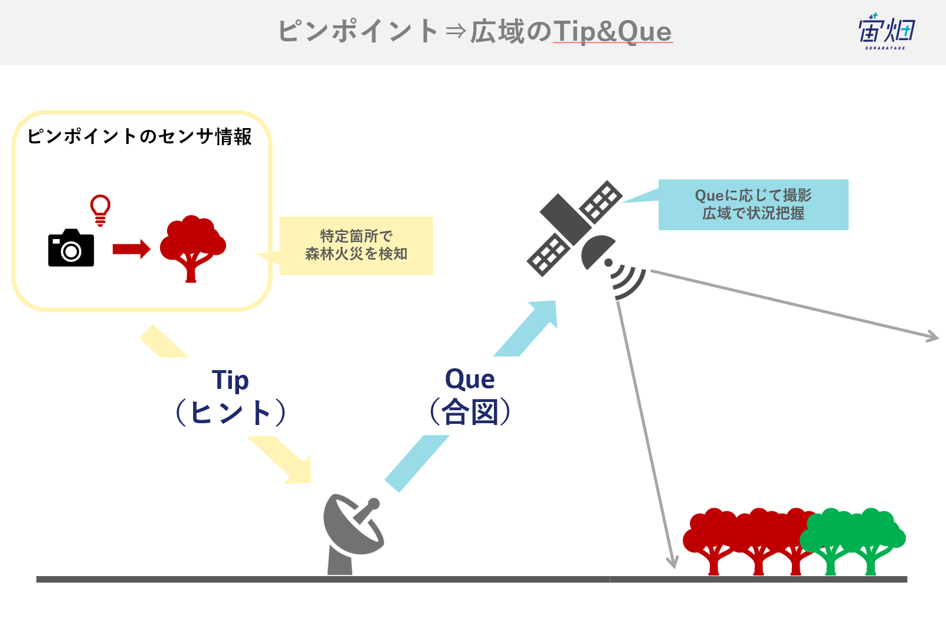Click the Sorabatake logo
886,31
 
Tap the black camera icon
71,248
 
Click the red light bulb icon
100,210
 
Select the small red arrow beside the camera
132,249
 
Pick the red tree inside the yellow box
192,249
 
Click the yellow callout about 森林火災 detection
356,246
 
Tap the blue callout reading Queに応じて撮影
753,204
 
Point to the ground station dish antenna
353,534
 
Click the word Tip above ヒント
230,380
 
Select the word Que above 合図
470,379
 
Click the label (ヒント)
231,412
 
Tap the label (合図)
470,411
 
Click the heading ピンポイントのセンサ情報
139,136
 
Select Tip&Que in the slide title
612,32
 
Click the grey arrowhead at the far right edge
932,336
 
